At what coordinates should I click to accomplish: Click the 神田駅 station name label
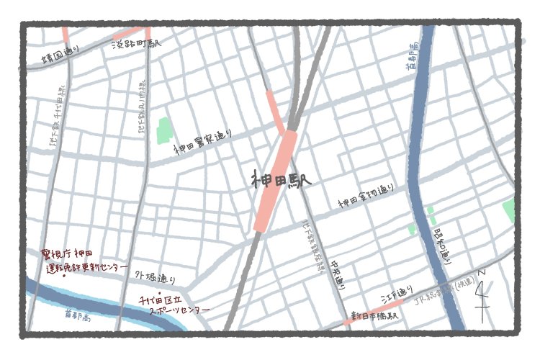click(281, 180)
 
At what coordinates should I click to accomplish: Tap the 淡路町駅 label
click(137, 44)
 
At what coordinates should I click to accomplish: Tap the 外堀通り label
click(155, 276)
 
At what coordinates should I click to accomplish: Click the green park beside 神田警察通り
click(163, 130)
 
